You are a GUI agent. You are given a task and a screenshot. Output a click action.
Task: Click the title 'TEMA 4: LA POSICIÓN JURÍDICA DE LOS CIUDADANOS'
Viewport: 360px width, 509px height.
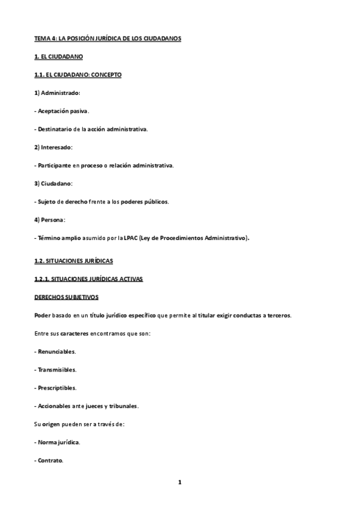107,38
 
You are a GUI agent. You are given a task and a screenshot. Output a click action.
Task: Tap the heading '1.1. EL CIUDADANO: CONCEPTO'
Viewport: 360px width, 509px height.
77,75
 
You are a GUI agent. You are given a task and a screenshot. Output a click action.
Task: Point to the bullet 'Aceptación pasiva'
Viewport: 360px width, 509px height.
63,111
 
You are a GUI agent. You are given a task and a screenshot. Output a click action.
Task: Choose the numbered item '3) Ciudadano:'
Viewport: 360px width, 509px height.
54,183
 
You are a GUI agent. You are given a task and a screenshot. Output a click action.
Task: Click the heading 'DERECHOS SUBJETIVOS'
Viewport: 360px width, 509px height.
66,298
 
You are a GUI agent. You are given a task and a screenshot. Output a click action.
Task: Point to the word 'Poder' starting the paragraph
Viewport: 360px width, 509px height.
43,316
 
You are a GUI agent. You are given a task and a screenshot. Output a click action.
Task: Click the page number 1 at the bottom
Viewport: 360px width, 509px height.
179,482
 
